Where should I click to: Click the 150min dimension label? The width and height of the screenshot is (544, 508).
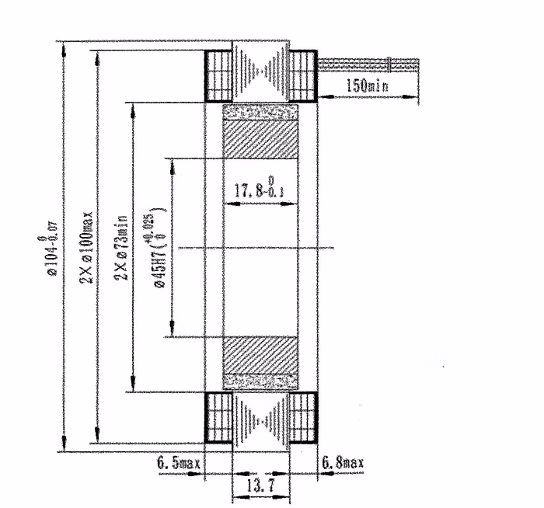click(x=366, y=86)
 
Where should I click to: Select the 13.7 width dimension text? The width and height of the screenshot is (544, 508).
click(x=260, y=485)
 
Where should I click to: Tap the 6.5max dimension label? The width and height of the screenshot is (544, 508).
click(x=179, y=464)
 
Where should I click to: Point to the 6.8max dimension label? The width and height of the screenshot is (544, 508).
click(x=342, y=464)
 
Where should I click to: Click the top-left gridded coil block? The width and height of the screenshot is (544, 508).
click(x=219, y=75)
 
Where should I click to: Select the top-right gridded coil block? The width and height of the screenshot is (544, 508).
click(x=303, y=75)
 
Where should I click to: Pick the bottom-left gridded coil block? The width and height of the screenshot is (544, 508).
click(x=219, y=417)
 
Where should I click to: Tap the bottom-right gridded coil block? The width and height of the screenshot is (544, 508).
click(x=303, y=417)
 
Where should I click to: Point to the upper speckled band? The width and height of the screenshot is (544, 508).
click(x=260, y=112)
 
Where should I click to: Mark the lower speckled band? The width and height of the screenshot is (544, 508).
click(x=260, y=381)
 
